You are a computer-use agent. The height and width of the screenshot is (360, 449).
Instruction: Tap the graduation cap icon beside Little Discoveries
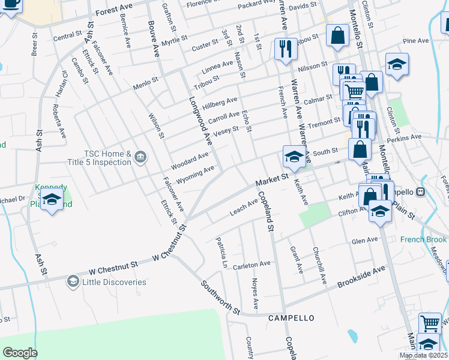coord(73,281)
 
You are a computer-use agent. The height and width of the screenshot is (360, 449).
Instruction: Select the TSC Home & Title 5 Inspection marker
coord(140,157)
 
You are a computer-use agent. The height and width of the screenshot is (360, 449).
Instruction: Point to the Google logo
coord(20,352)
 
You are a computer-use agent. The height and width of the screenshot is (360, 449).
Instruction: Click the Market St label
coord(272,178)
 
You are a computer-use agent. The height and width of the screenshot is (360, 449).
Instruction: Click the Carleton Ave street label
coord(253,264)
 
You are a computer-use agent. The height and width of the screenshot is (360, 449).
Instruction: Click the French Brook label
coord(424,239)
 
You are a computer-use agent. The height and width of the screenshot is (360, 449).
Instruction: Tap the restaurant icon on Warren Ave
coord(286,48)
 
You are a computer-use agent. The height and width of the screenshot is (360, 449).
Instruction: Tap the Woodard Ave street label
coord(189,161)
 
